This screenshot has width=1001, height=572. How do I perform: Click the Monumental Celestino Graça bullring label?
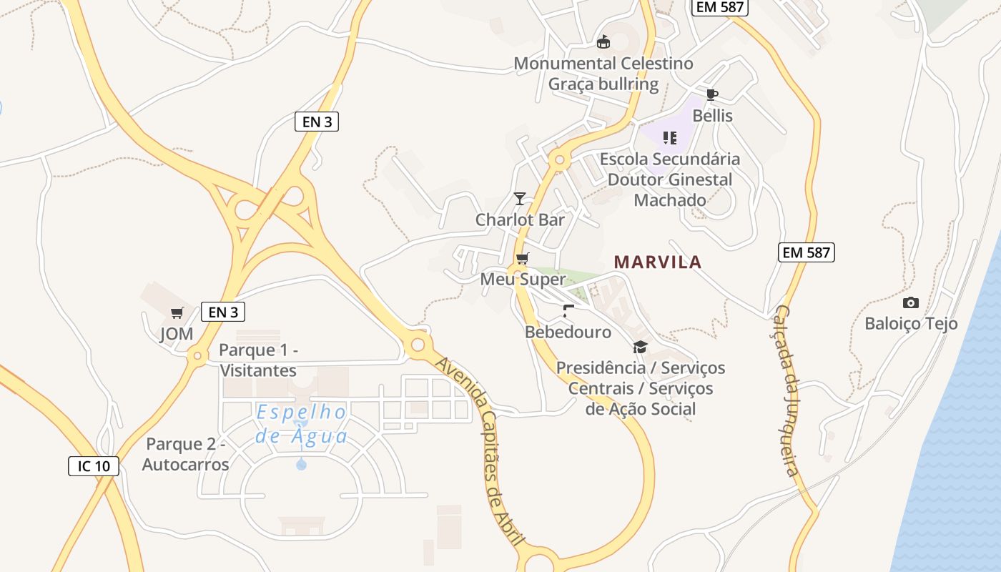pos(603,74)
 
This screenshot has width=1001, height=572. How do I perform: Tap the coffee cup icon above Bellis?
pos(711,94)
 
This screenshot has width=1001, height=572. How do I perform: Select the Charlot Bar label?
pos(520,220)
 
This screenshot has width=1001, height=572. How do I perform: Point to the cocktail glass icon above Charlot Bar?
pos(520,198)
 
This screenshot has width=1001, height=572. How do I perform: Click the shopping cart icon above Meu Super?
pos(523,258)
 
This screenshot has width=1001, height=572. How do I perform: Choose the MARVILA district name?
pos(658,262)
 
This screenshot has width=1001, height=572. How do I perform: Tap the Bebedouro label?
pos(568,332)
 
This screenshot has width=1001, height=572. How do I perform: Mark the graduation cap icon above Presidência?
pos(640,347)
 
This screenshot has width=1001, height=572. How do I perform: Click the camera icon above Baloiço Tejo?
pos(910,302)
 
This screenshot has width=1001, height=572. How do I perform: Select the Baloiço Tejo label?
pos(911,323)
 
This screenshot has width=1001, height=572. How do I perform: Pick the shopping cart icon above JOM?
pos(177,312)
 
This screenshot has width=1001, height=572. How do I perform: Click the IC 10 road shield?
pos(94,466)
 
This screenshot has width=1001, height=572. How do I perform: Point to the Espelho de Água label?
pos(301,424)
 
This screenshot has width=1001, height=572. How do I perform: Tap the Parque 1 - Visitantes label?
pos(257,360)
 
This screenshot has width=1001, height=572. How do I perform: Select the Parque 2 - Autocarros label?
pos(185,454)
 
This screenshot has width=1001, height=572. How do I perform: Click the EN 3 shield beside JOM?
pos(223,312)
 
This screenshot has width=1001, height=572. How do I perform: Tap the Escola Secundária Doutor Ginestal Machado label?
pos(670,179)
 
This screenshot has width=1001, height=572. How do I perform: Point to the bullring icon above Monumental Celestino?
pos(603,42)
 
